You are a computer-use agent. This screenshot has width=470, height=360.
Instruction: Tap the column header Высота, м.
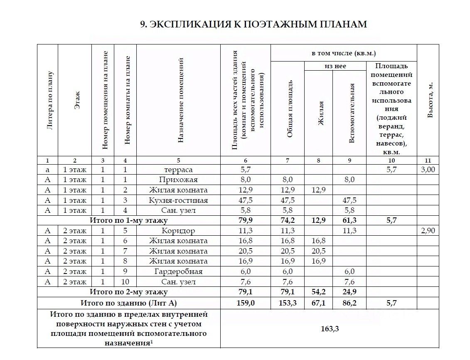(x=431, y=100)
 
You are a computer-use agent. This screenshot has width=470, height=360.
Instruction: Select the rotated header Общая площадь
(x=290, y=109)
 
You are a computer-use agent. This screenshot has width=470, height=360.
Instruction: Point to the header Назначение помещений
(x=180, y=100)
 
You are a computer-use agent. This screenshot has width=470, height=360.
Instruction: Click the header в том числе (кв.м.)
(x=344, y=53)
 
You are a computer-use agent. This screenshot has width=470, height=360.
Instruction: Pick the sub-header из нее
(x=335, y=66)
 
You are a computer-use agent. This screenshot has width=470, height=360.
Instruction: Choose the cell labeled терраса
(x=178, y=170)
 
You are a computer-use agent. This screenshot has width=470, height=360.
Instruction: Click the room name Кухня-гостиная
(x=178, y=200)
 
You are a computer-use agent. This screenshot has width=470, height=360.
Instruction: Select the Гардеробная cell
(x=178, y=271)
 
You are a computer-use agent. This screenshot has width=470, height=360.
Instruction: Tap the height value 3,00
(x=428, y=170)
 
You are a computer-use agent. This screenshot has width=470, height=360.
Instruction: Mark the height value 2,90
(x=428, y=231)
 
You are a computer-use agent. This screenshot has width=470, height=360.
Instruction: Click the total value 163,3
(x=330, y=329)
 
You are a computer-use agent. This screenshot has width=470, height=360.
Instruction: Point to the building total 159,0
(x=246, y=303)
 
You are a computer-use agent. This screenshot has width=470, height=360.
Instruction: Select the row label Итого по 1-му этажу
(x=129, y=221)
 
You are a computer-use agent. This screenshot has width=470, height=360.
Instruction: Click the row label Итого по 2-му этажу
(x=129, y=292)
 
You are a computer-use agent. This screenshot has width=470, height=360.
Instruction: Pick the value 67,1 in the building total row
(x=318, y=303)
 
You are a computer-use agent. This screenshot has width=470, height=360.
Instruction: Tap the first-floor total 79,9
(x=246, y=221)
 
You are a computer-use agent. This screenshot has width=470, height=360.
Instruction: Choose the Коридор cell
(x=178, y=231)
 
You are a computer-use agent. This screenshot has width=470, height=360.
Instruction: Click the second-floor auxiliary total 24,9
(x=349, y=292)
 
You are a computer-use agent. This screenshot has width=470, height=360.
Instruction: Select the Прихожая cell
(x=178, y=180)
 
